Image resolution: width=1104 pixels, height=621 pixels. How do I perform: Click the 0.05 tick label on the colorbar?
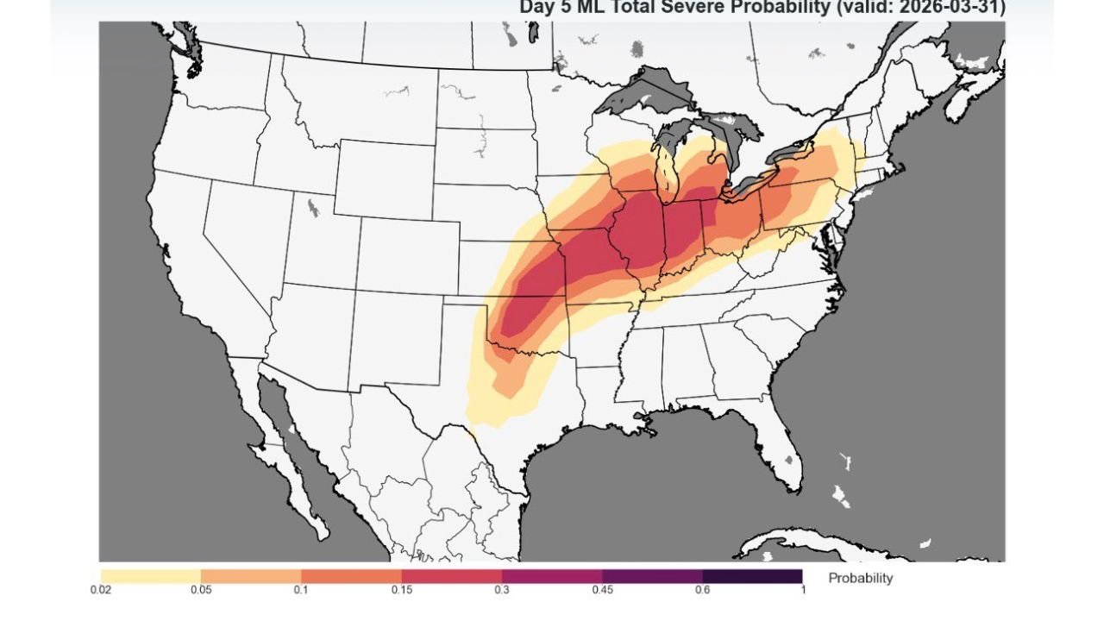click(x=201, y=590)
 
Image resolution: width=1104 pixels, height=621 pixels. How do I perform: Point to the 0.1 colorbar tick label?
click(x=301, y=590)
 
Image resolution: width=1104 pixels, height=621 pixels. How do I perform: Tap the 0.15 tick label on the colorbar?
click(x=402, y=590)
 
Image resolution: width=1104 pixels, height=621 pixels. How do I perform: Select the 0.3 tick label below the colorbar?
click(x=502, y=590)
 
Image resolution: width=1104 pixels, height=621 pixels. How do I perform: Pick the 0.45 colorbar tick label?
click(x=602, y=590)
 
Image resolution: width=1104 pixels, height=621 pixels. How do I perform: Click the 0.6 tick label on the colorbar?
click(x=703, y=590)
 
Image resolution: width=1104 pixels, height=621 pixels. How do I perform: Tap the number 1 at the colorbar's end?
click(x=802, y=590)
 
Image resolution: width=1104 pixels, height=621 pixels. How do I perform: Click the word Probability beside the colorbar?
click(x=860, y=578)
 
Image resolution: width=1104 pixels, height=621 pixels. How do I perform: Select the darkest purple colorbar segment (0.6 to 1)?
click(x=752, y=575)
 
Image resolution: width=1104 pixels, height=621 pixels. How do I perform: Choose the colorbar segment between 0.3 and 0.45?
click(x=552, y=575)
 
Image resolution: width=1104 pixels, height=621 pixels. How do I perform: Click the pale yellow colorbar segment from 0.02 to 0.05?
click(x=151, y=575)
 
